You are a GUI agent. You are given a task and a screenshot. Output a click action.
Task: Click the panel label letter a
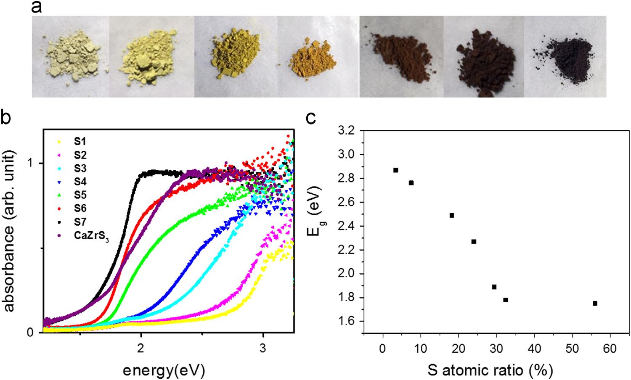(37, 7)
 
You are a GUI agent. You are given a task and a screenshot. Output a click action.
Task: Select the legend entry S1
(80, 142)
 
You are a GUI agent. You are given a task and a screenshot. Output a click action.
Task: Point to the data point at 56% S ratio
(595, 303)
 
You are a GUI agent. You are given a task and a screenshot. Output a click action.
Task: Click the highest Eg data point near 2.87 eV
(395, 170)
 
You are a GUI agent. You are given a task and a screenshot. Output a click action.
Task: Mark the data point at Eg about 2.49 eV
(452, 215)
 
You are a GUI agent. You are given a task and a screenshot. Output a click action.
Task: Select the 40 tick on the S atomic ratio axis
(534, 349)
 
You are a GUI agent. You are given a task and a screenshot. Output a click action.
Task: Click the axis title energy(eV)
(164, 370)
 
